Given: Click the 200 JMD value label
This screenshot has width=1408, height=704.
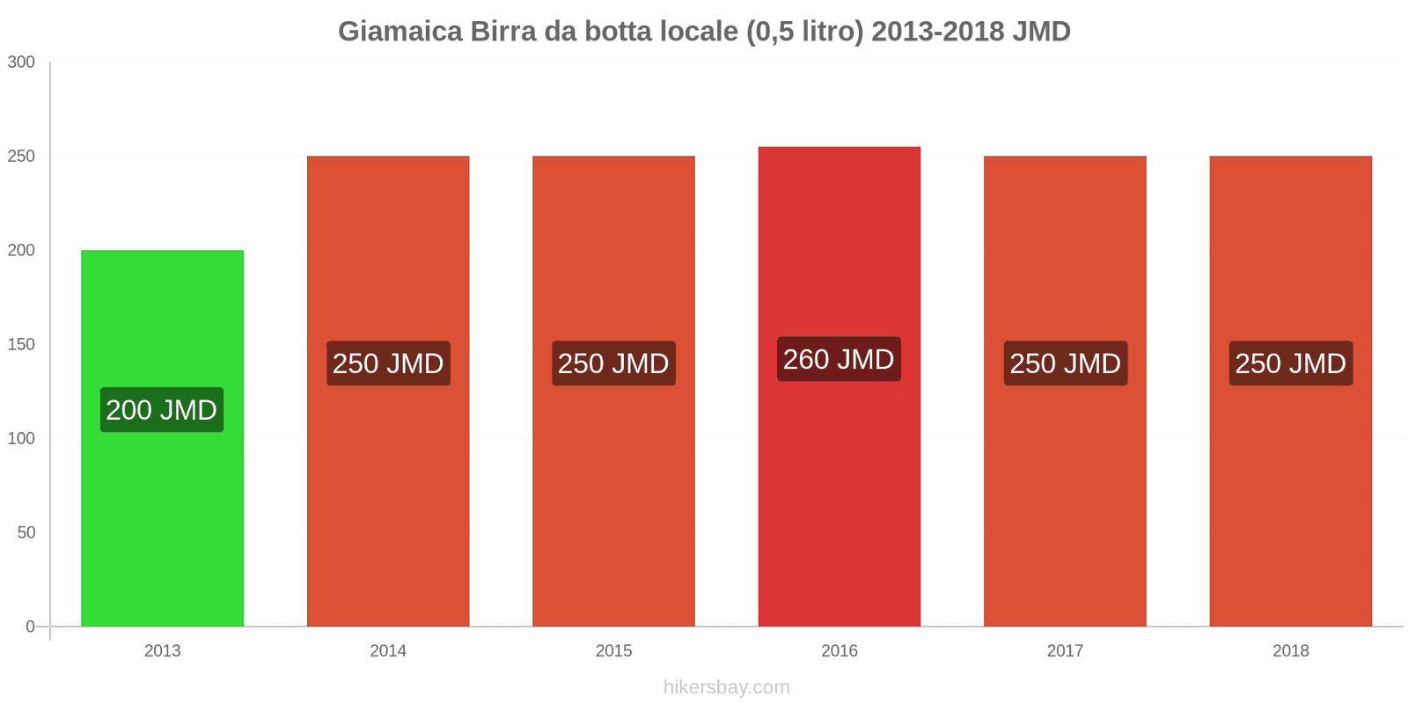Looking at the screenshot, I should tap(162, 410).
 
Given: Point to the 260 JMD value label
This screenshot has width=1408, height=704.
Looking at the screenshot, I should tap(839, 359).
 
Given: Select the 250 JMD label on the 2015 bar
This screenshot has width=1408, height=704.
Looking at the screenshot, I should tap(613, 363).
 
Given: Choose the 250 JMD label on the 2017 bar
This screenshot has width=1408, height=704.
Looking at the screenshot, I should tap(1065, 363).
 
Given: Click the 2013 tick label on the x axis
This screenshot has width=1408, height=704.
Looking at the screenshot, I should tap(162, 651).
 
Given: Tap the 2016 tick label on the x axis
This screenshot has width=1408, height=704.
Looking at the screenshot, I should tap(839, 651).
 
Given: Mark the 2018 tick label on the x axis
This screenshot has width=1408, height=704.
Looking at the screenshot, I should tap(1290, 651).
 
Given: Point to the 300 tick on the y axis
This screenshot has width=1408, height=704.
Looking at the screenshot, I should tap(21, 62).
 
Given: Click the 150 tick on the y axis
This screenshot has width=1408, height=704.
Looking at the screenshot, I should tap(21, 344).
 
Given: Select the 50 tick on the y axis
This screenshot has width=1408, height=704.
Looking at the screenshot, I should tap(26, 532).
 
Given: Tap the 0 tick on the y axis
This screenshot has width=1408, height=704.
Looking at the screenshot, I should tap(30, 627).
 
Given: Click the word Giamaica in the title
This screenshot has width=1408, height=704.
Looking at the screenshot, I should tap(400, 32).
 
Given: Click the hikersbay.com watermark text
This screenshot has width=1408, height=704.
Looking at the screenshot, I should tap(726, 687).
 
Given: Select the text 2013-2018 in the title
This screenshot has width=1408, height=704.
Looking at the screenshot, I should tap(938, 32).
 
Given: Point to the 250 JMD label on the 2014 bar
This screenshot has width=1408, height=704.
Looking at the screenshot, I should tap(388, 363).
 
